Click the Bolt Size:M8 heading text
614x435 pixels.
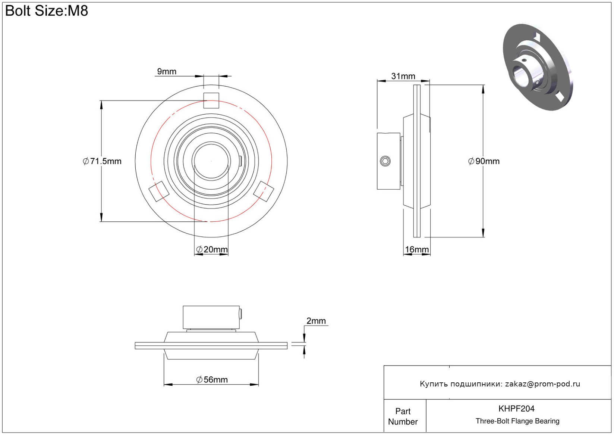[x=47, y=11]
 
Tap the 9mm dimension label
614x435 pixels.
[x=167, y=71]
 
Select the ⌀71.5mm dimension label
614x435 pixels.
[x=102, y=161]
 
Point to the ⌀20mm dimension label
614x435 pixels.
[x=212, y=249]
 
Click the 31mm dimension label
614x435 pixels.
[x=403, y=76]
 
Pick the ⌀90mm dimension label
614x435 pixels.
[x=484, y=161]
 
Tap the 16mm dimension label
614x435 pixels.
[x=417, y=249]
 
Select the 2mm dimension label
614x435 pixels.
[x=316, y=321]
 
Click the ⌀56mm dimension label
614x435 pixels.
[x=212, y=379]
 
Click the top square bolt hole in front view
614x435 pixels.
[x=211, y=100]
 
